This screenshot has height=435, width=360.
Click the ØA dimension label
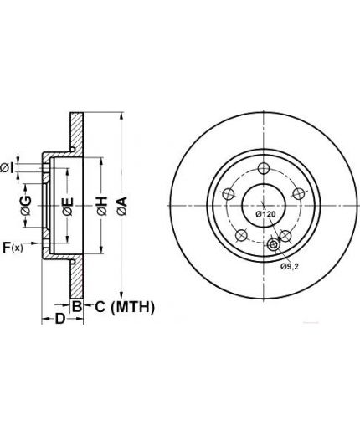point(122,206)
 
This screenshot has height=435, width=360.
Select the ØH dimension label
point(102,206)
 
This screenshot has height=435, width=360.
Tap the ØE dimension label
point(68,207)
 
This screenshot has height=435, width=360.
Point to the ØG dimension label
point(26,206)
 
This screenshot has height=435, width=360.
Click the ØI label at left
point(7,168)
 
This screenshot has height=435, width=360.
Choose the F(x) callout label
point(13,248)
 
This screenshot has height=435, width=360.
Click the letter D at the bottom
point(59,319)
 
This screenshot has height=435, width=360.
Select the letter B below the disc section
point(77,306)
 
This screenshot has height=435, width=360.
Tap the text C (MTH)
point(125,307)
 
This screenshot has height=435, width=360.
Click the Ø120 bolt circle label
point(265,214)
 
